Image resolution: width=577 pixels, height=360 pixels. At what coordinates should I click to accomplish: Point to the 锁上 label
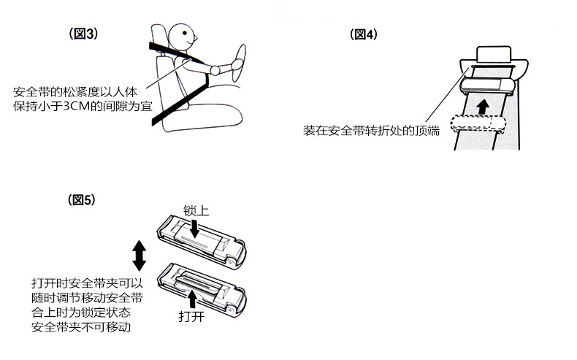[x=196, y=211]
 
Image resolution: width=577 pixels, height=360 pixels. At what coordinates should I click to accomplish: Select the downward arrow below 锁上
[x=194, y=228]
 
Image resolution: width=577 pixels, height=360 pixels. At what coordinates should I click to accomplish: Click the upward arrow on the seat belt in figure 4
[x=481, y=107]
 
